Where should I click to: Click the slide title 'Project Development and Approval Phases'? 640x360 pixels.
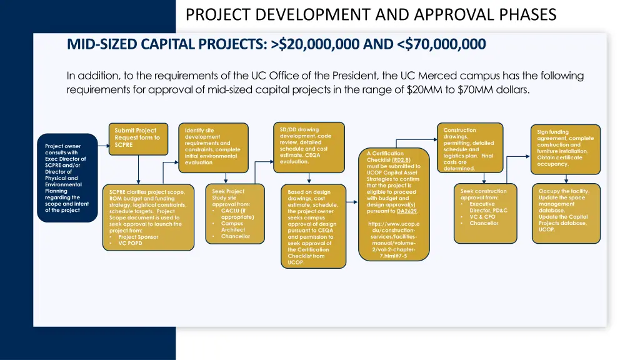pos(371,14)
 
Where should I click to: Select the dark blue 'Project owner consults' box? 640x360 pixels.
pos(67,178)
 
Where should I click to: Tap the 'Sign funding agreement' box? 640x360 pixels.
pos(565,149)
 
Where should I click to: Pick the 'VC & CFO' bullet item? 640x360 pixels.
pos(483,217)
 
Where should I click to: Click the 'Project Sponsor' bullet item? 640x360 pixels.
pos(138,237)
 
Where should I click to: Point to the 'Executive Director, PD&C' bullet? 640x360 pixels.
pos(487,207)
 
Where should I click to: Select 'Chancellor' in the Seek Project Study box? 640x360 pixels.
pos(236,236)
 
